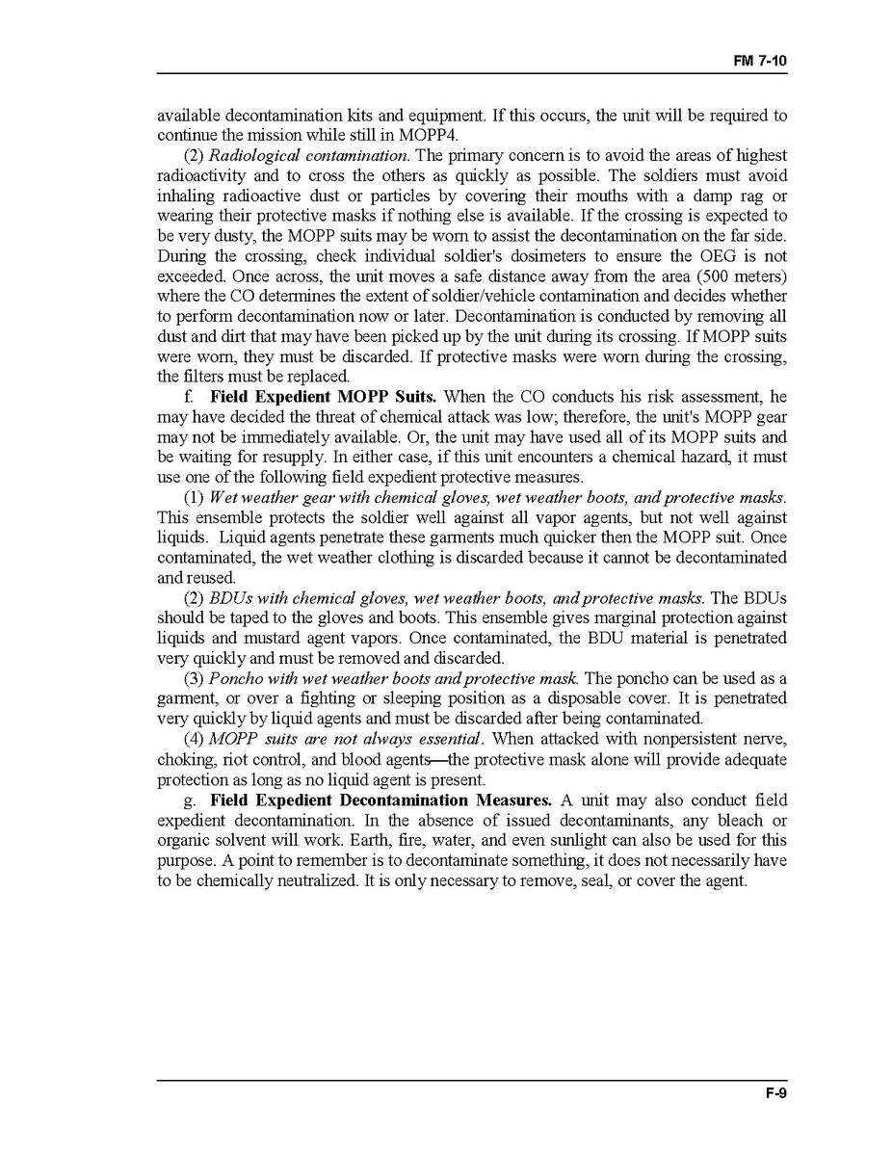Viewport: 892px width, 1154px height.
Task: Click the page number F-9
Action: click(776, 1093)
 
